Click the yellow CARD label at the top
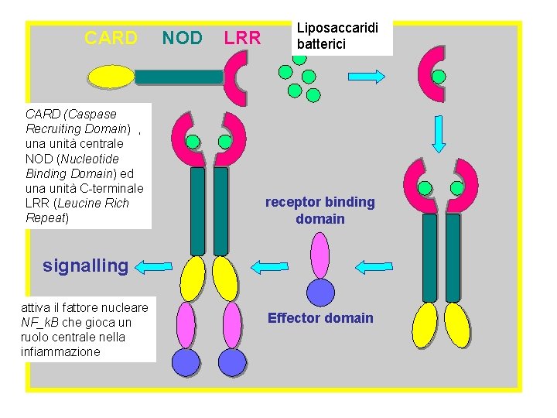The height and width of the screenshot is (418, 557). click(111, 38)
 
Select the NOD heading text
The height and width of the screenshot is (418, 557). click(183, 38)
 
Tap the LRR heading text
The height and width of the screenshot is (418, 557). click(242, 38)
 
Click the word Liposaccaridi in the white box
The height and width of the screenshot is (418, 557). click(337, 28)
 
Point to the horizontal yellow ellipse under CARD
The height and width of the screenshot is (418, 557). click(111, 76)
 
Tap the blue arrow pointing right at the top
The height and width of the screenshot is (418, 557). click(367, 76)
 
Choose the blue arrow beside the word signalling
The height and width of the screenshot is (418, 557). click(154, 267)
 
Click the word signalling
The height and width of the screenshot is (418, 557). click(85, 266)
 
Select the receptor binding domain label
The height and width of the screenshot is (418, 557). click(320, 211)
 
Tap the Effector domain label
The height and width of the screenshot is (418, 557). click(320, 318)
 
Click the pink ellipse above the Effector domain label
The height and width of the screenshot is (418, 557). click(320, 255)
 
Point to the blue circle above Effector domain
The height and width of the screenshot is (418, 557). click(320, 293)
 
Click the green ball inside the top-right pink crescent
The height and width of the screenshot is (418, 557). click(439, 77)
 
